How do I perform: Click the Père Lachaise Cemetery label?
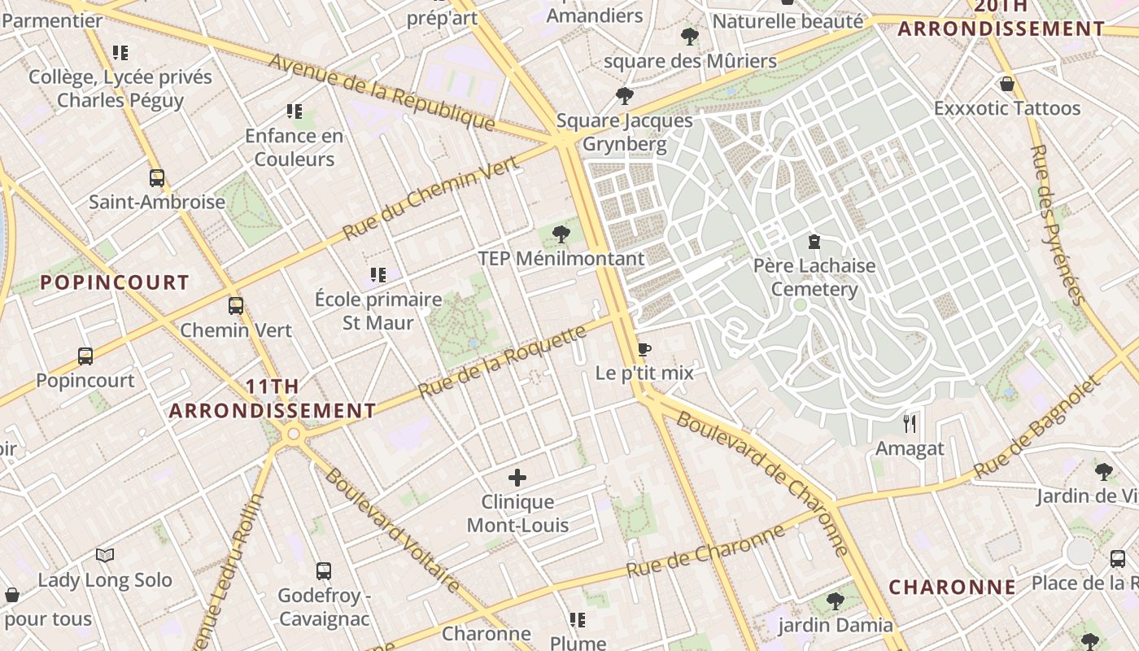[814, 277]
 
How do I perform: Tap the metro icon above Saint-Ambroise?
[157, 177]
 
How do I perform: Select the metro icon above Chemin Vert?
[236, 306]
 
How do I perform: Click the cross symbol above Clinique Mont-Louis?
[517, 478]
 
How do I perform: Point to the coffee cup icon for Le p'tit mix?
[644, 349]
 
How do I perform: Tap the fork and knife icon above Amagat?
[910, 423]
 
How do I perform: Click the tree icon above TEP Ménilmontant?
[561, 234]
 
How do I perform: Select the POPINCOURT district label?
[115, 282]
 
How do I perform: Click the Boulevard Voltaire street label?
[391, 530]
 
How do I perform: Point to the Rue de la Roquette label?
[502, 362]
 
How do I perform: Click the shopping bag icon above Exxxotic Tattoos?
[1007, 84]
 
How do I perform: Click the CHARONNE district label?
[952, 587]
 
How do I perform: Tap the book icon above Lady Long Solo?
[105, 555]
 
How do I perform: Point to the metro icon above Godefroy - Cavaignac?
[324, 570]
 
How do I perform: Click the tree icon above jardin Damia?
[835, 601]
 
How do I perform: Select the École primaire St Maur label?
[378, 311]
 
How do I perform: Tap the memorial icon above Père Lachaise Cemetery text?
[814, 241]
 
